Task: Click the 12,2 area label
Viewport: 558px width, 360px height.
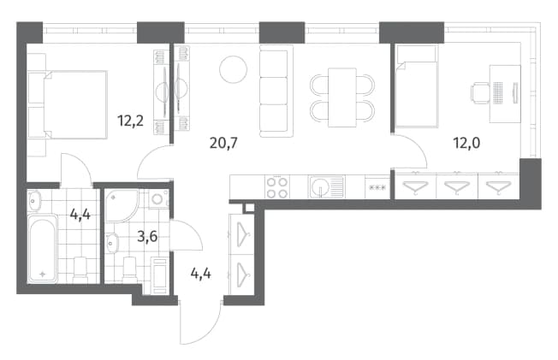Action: [131, 121]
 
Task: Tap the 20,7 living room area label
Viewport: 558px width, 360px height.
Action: [223, 143]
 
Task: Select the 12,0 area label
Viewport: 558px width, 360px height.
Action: [466, 143]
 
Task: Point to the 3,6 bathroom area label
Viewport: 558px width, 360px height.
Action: [147, 236]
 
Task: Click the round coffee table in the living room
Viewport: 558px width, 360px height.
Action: [233, 70]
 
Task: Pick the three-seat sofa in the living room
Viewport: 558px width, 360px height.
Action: [276, 91]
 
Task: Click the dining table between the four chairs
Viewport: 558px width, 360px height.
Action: [342, 97]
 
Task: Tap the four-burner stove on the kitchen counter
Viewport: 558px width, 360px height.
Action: [277, 187]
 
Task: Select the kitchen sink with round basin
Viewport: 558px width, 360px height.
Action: [326, 187]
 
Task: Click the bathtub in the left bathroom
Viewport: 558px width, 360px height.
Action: [42, 249]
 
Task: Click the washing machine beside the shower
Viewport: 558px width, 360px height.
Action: [158, 199]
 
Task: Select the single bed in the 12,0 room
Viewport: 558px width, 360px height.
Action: [417, 86]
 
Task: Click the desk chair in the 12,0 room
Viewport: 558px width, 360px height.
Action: [480, 93]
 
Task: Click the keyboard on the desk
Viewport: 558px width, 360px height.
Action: [498, 93]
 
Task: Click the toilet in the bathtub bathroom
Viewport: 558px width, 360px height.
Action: [80, 269]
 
